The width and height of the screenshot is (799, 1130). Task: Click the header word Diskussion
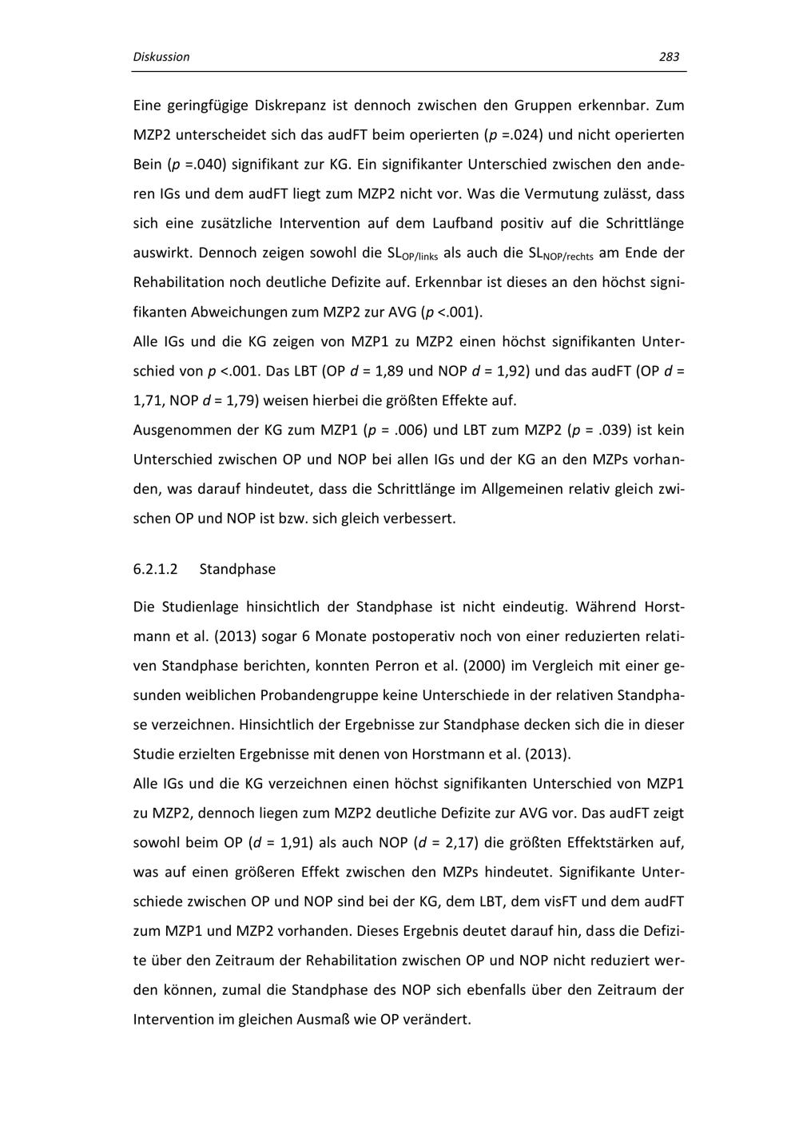pos(161,57)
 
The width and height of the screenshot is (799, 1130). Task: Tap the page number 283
pos(669,57)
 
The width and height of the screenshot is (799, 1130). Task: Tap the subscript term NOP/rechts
pos(569,256)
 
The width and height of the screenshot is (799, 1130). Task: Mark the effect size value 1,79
pos(244,400)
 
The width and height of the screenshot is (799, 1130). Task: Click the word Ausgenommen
pos(182,430)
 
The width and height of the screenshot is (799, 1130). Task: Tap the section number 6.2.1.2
pos(155,569)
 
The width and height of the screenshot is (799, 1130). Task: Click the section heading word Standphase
pos(237,569)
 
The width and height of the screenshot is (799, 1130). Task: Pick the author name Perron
pos(413,666)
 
